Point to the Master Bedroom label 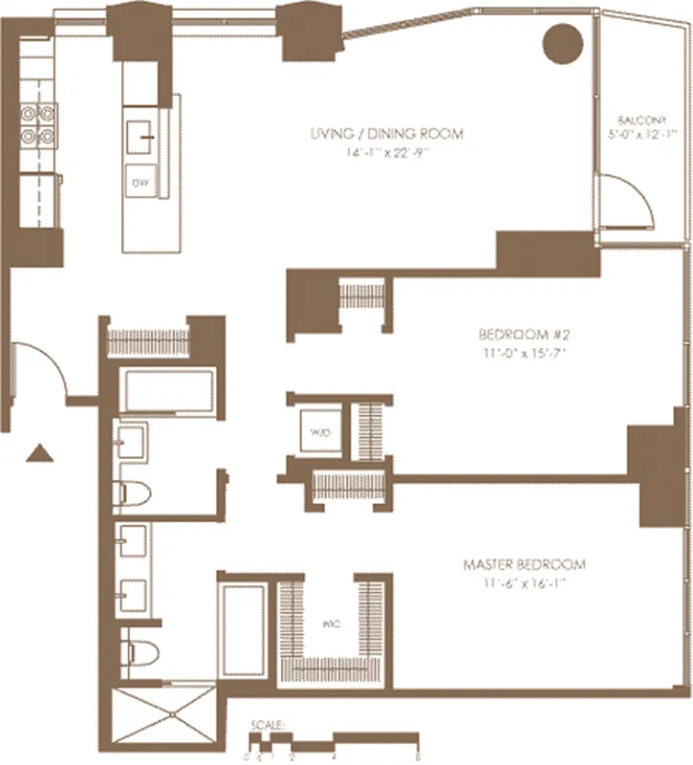(x=524, y=565)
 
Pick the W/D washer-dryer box (x=317, y=432)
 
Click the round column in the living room (x=562, y=44)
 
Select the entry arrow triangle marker (x=38, y=453)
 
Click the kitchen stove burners (x=41, y=125)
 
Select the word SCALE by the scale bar (x=261, y=725)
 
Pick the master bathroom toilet (x=136, y=653)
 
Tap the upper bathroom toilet (x=131, y=494)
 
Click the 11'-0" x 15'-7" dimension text (x=516, y=353)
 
